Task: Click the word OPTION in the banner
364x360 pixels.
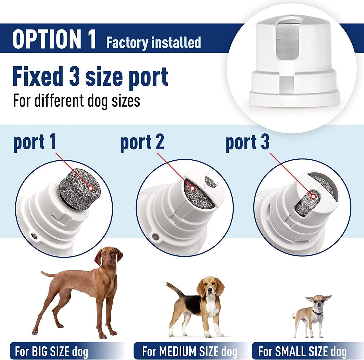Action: pos(47,39)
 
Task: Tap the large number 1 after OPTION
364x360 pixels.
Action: pos(91,39)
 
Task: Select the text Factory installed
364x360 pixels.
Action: pos(153,42)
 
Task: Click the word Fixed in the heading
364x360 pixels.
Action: pos(38,77)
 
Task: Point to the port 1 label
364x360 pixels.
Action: pos(35,142)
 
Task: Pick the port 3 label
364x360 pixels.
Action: pos(247,142)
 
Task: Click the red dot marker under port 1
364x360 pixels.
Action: pos(91,188)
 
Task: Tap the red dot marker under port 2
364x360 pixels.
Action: pos(192,188)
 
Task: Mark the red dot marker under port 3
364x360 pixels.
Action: pos(313,196)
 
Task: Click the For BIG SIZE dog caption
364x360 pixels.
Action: pos(52,351)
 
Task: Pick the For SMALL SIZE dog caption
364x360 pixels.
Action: pos(302,351)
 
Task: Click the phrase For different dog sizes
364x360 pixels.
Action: pos(77,100)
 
